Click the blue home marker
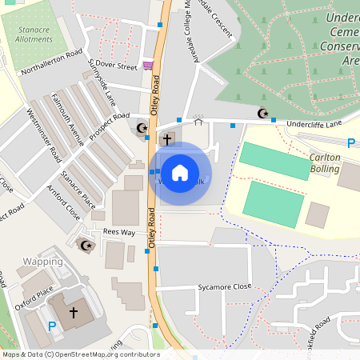(x=180, y=173)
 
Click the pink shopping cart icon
(x=148, y=66)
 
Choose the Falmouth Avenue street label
(x=67, y=121)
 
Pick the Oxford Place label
(x=34, y=298)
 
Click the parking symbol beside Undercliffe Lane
(x=350, y=143)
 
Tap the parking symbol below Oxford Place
(x=52, y=326)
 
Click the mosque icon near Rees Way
(x=86, y=244)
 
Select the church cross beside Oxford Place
(x=74, y=311)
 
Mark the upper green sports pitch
(x=274, y=161)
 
